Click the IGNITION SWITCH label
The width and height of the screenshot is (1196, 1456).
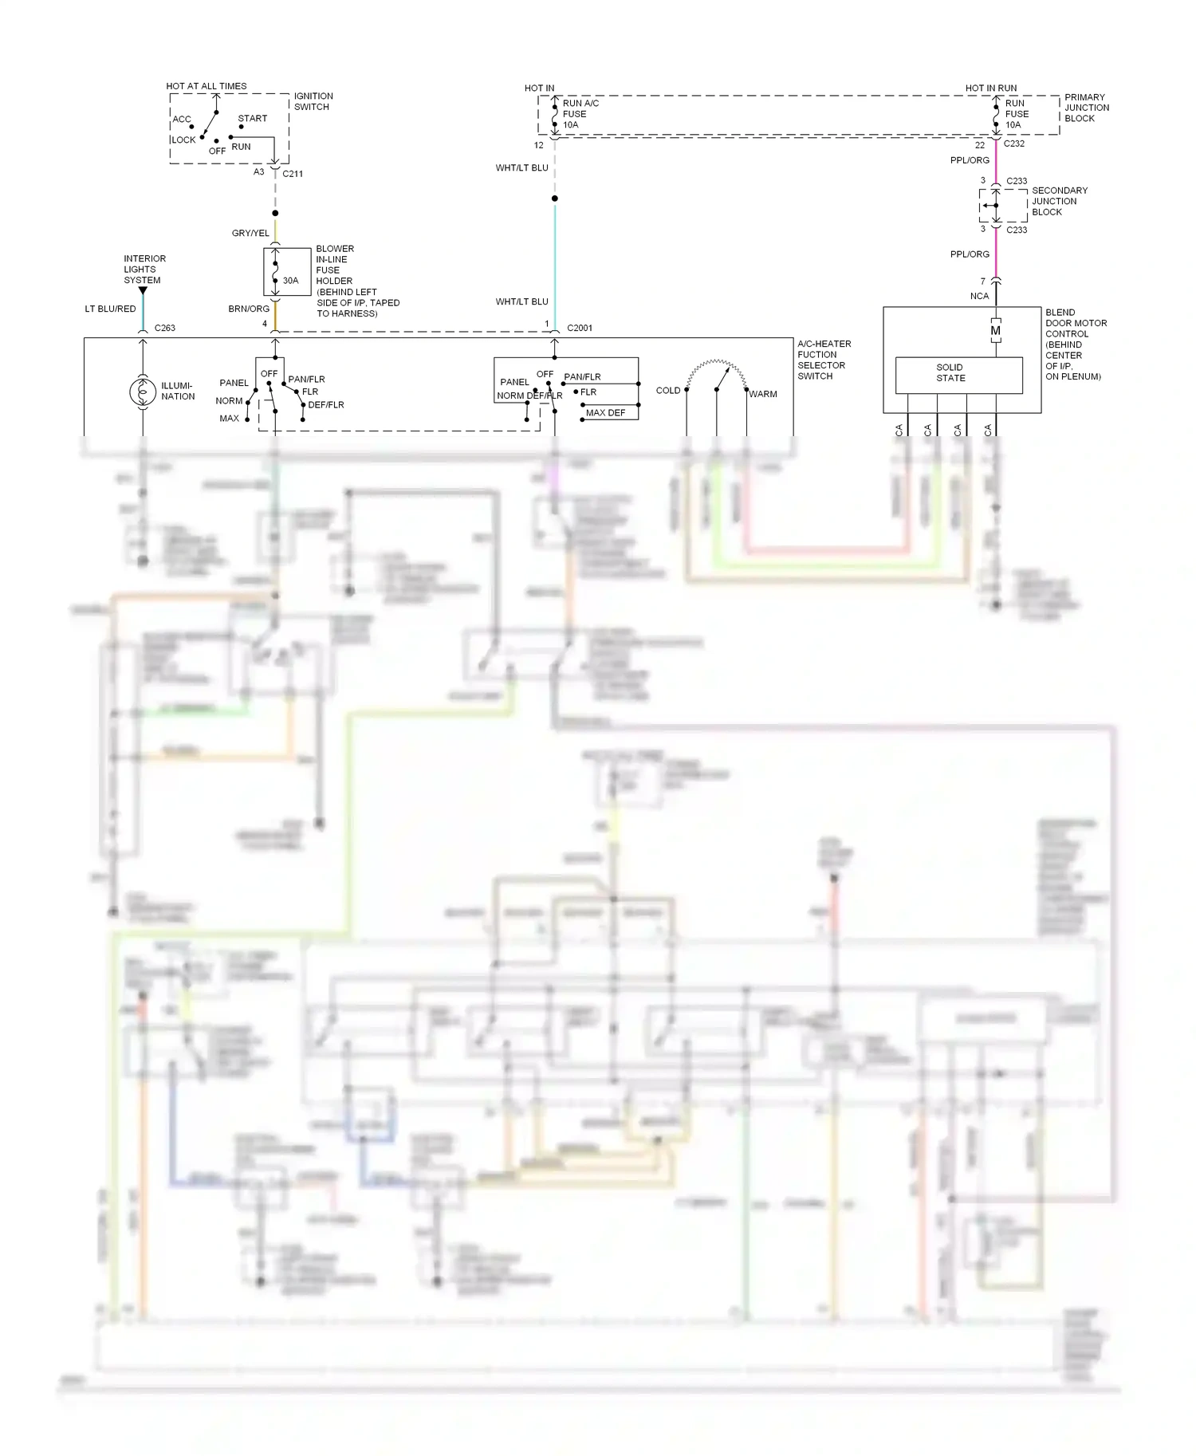point(313,101)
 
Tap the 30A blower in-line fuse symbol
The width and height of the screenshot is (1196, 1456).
point(276,271)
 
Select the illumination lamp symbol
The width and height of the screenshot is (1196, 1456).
point(143,392)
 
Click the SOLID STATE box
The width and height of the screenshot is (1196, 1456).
point(958,374)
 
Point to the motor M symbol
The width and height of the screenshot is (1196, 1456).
point(995,330)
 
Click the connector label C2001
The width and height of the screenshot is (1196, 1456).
point(580,328)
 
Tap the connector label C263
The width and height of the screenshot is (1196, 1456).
point(165,328)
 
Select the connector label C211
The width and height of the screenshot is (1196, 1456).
point(293,173)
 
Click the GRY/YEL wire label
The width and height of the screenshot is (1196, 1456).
point(250,233)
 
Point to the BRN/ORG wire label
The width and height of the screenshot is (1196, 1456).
point(249,309)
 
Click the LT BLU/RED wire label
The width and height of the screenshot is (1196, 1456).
point(110,309)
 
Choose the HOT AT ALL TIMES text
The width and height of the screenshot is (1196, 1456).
point(207,86)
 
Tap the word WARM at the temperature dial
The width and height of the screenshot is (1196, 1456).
point(763,394)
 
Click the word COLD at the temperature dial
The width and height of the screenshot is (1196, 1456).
point(668,391)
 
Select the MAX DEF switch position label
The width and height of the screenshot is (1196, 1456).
point(606,413)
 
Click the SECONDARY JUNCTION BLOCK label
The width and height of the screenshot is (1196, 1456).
point(1060,201)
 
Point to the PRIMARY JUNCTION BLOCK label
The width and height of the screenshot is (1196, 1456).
point(1087,108)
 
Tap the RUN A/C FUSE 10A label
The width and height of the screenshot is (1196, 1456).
point(580,114)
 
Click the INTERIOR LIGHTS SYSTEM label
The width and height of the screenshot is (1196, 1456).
point(144,270)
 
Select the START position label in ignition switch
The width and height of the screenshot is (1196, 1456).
point(253,119)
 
